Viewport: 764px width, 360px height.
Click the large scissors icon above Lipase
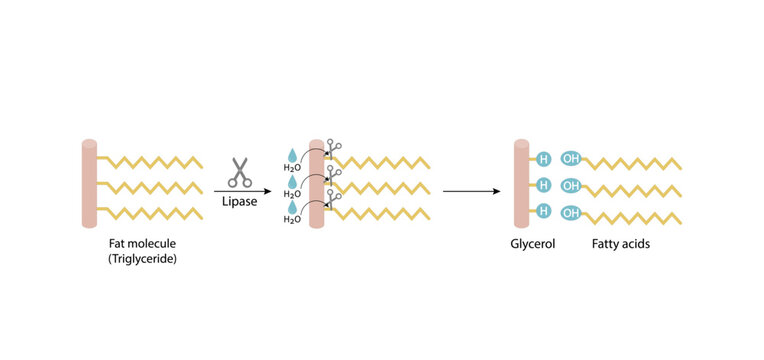point(240,172)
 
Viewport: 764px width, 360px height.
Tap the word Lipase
point(240,202)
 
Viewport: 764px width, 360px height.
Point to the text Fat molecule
point(143,243)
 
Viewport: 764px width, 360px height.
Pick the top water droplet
point(291,155)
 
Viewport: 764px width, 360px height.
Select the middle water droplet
point(291,182)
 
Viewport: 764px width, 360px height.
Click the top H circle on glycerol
point(544,158)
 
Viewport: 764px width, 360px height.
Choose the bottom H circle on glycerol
point(544,211)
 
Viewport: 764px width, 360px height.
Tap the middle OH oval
point(571,185)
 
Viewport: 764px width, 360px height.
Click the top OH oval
point(571,158)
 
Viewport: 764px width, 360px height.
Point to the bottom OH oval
point(571,212)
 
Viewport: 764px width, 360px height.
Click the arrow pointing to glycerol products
point(471,190)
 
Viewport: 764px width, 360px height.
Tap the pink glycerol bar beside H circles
point(520,186)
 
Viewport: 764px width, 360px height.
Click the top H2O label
point(291,168)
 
